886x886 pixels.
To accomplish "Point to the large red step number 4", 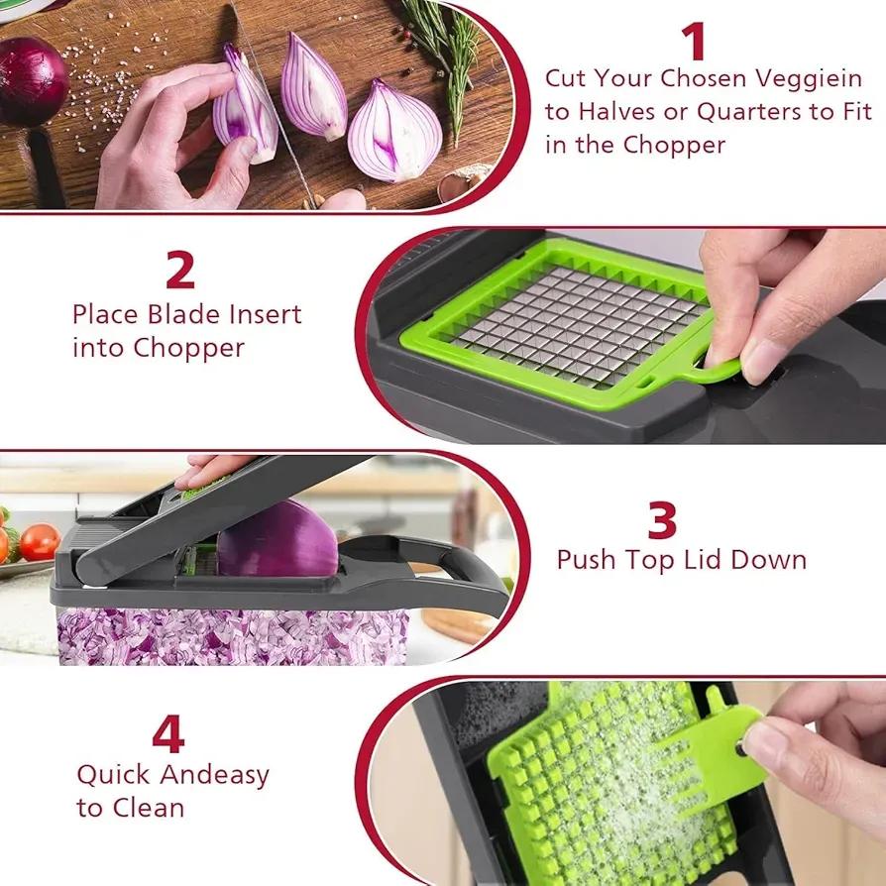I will tap(168, 735).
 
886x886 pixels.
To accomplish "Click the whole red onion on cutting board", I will tap(30, 81).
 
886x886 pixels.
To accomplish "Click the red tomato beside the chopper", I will tap(40, 542).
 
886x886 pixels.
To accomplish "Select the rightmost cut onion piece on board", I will tap(394, 131).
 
